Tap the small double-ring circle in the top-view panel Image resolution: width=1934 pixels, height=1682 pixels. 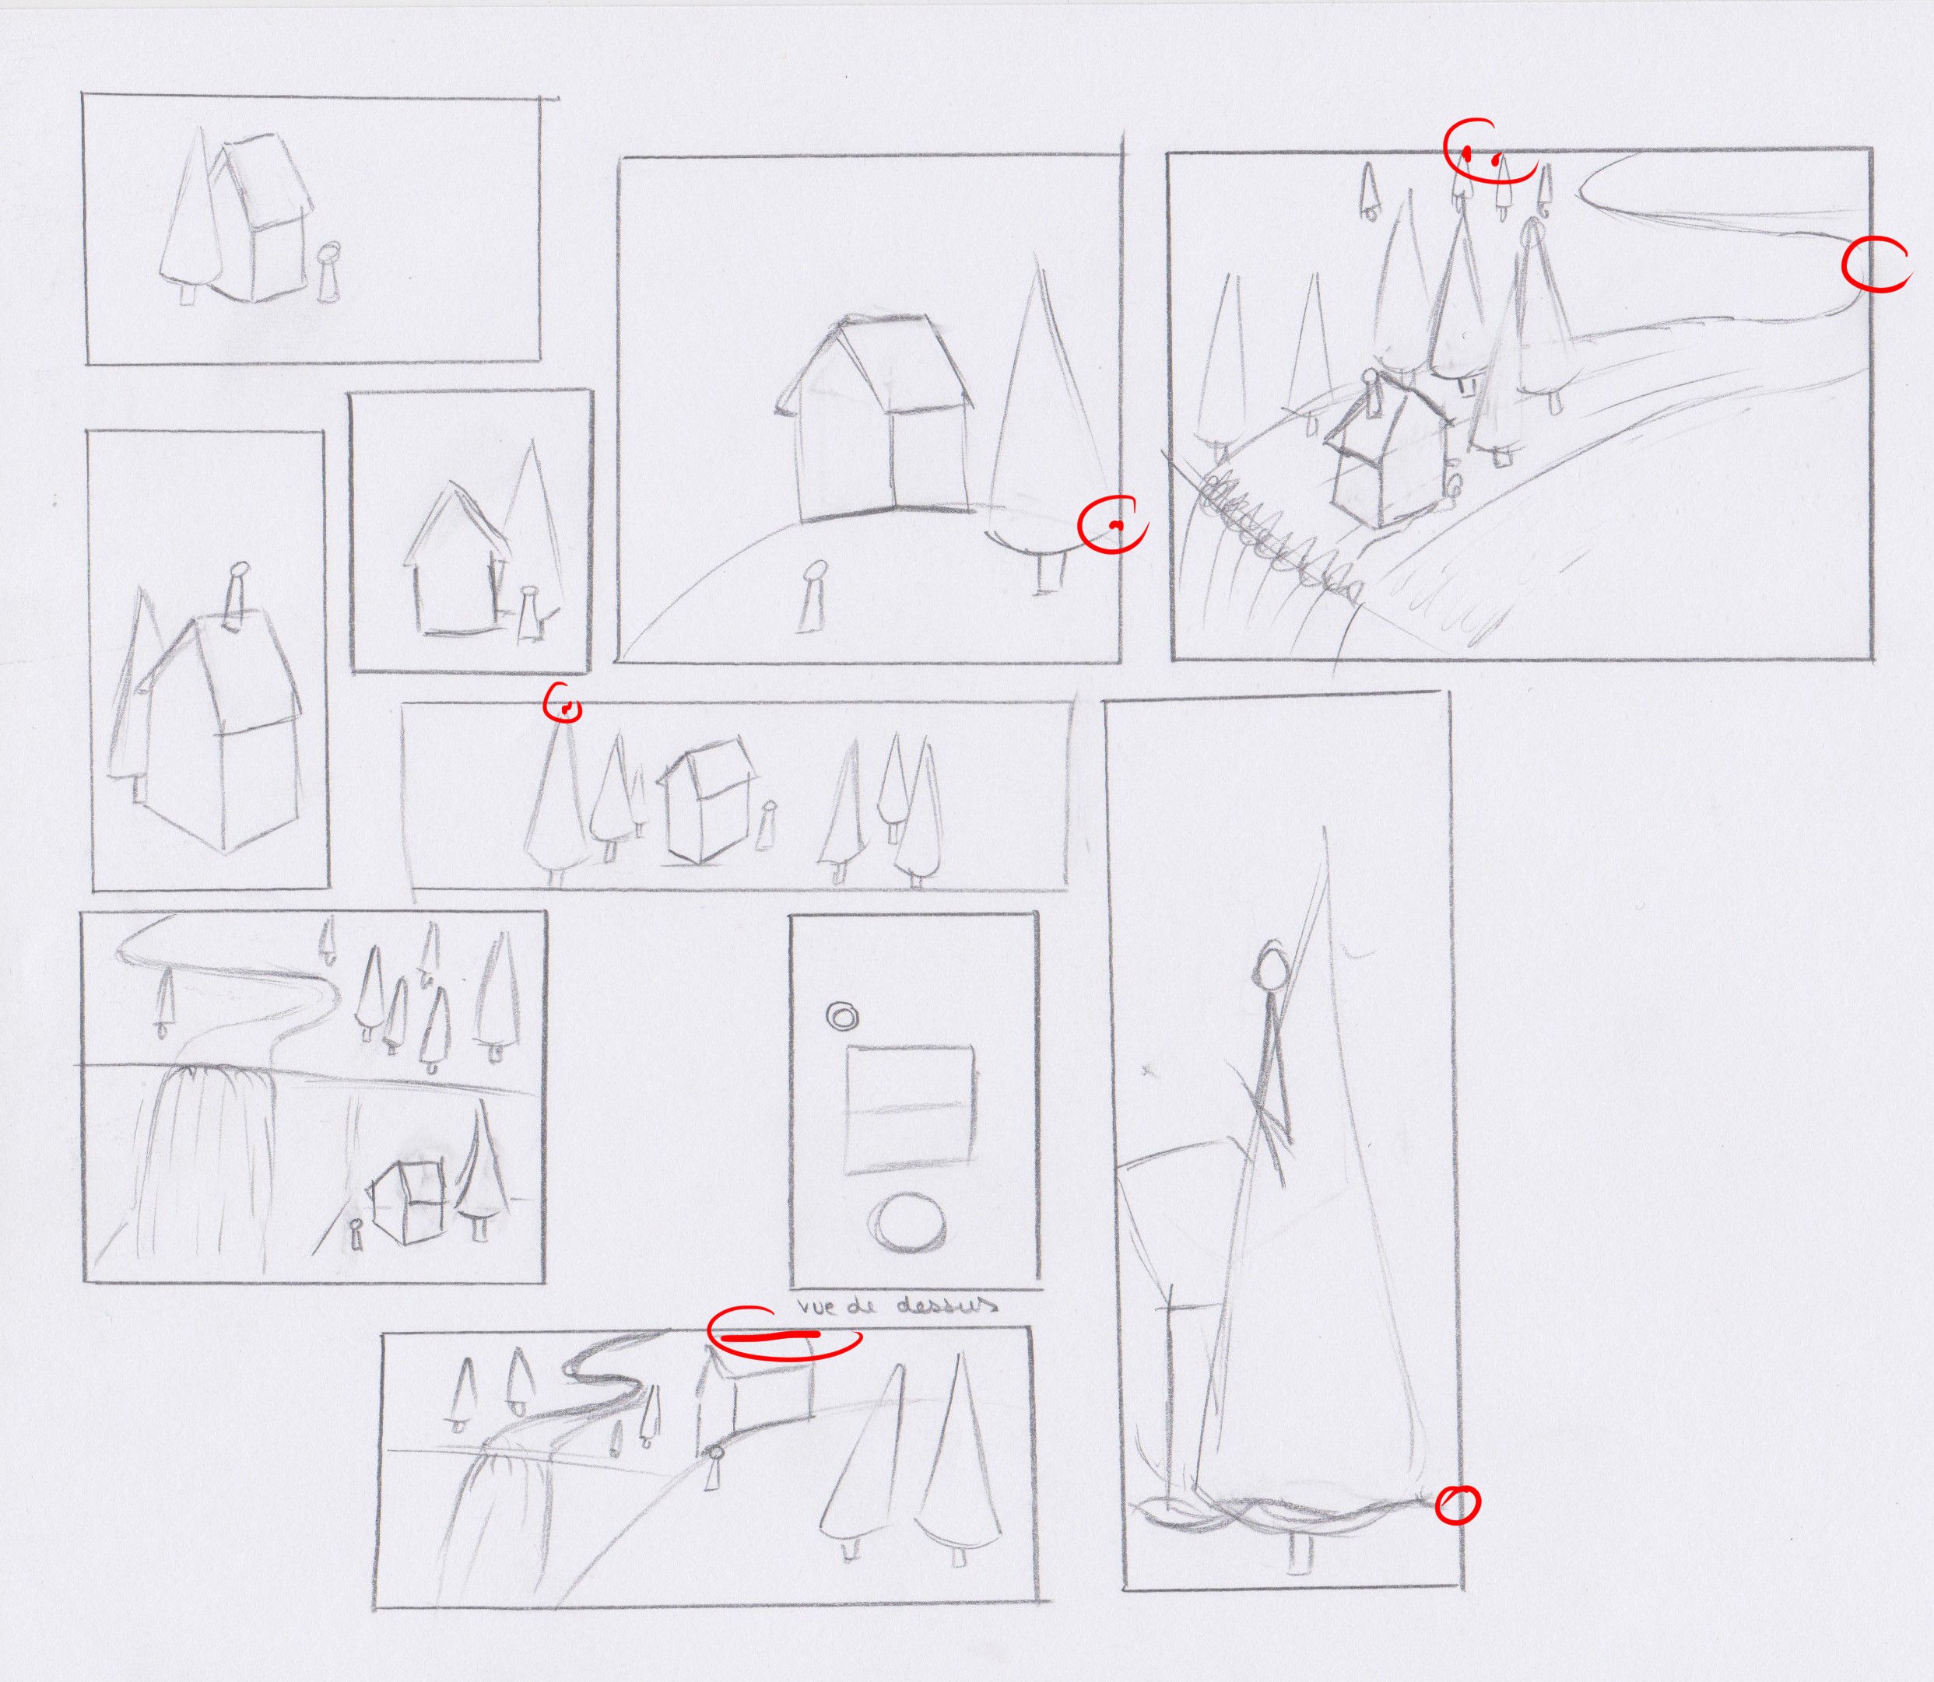point(841,1015)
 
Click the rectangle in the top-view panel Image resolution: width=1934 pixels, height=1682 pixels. point(910,1110)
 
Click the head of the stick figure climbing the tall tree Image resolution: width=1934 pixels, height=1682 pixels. point(1273,965)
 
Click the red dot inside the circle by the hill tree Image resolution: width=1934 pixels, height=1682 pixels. point(1114,524)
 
